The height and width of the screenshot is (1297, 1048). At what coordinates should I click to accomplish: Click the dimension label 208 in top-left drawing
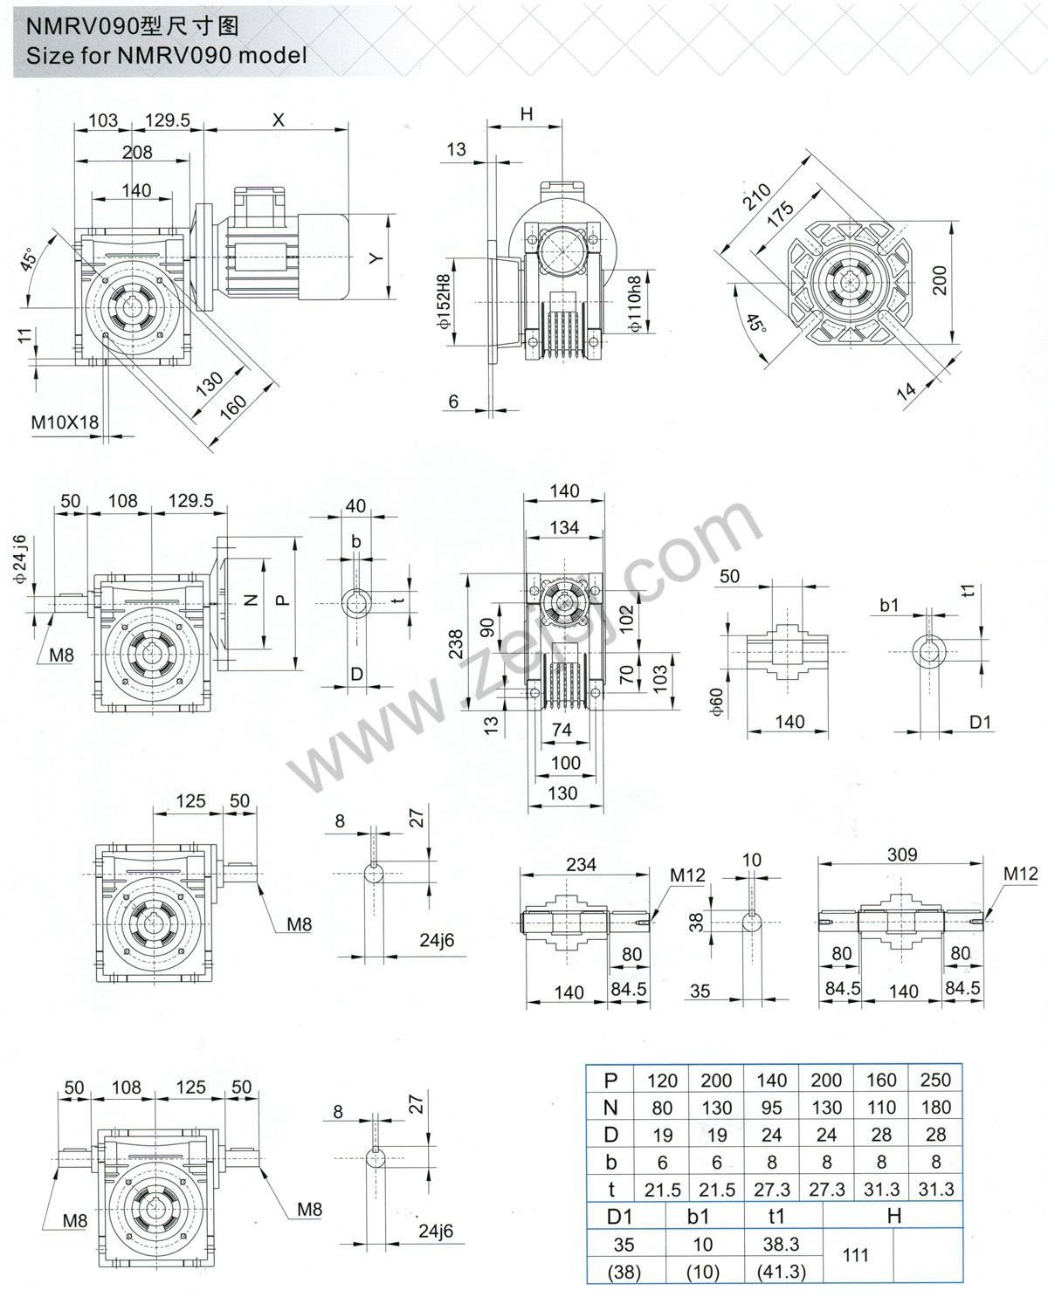click(x=136, y=152)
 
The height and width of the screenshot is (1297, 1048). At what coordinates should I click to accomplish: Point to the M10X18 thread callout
click(x=65, y=422)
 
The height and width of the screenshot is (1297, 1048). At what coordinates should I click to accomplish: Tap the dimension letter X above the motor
click(x=278, y=120)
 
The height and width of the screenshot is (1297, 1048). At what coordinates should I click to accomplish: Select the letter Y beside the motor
click(x=375, y=258)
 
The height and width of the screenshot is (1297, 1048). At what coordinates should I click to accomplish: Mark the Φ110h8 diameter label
click(x=635, y=303)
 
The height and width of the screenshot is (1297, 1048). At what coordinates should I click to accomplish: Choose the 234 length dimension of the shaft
click(x=581, y=863)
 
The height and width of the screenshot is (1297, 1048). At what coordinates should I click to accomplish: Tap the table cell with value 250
click(x=934, y=1080)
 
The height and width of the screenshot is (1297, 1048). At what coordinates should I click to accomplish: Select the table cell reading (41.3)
click(x=781, y=1272)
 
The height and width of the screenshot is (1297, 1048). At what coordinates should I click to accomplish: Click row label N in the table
click(x=610, y=1107)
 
